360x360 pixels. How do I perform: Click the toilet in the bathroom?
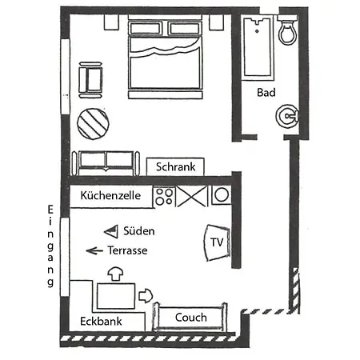click(287, 30)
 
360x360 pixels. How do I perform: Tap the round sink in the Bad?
click(287, 116)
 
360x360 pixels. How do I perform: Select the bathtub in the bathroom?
click(258, 47)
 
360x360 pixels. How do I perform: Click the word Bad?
click(266, 93)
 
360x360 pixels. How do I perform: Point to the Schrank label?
click(175, 167)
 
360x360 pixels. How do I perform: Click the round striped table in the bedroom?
click(93, 124)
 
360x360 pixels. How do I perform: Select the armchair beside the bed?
click(90, 80)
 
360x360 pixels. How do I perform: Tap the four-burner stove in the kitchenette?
click(164, 197)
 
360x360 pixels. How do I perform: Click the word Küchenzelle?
click(110, 195)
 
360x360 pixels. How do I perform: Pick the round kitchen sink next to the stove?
click(222, 195)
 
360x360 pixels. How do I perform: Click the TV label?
click(217, 242)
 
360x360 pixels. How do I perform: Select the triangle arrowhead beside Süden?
click(111, 231)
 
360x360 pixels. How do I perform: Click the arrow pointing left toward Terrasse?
click(94, 250)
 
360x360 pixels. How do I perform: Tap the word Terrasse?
click(127, 250)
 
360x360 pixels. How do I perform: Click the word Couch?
click(191, 318)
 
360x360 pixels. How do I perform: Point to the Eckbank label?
click(101, 322)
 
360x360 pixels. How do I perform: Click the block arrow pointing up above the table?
click(115, 274)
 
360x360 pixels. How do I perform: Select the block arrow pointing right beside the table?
click(146, 296)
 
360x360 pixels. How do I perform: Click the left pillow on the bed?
click(145, 29)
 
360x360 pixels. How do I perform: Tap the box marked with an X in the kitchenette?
click(192, 197)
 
